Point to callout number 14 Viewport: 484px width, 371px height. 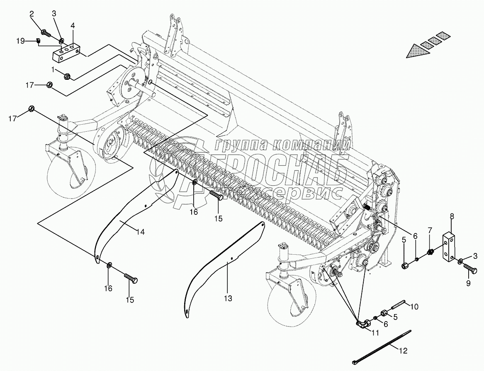(x=141, y=232)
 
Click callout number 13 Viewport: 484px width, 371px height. (x=228, y=298)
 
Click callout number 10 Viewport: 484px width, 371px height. (x=415, y=307)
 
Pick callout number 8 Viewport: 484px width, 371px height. (x=452, y=216)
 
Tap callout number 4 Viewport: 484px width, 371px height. (x=73, y=26)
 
